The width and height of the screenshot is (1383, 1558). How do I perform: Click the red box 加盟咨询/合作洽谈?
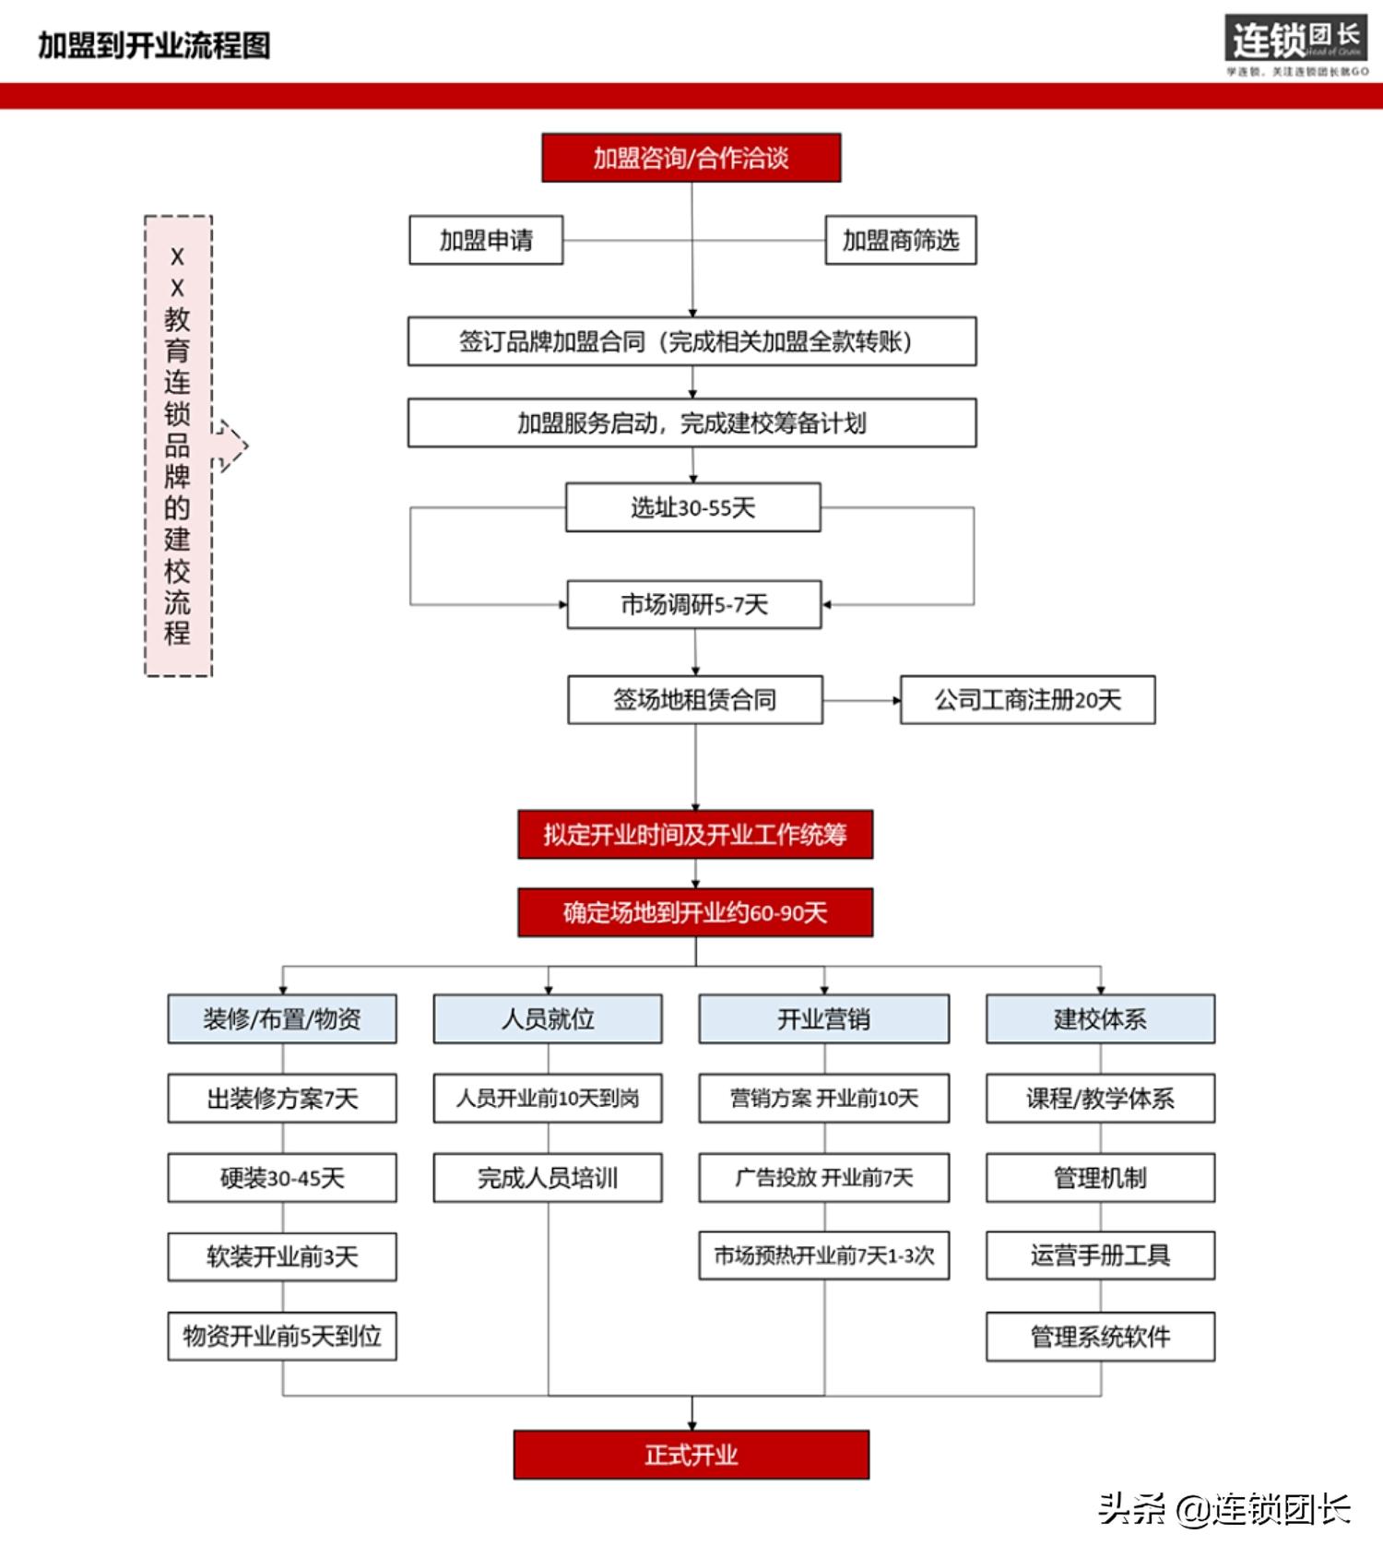(691, 158)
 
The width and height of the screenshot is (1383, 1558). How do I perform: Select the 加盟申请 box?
(486, 241)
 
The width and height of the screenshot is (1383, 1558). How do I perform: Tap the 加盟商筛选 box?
(900, 241)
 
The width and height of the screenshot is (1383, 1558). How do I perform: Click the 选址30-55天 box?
(692, 507)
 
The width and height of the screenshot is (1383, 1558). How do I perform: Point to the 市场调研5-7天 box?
(693, 605)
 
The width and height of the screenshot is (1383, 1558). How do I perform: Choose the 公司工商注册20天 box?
(1027, 700)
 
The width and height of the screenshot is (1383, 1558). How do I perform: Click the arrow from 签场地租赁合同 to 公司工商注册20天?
(861, 700)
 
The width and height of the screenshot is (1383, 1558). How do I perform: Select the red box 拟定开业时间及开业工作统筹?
(694, 835)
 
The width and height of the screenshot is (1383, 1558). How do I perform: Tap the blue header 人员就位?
(548, 1019)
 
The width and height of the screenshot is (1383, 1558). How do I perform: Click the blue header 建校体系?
(1100, 1019)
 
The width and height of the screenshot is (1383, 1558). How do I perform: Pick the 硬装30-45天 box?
(282, 1178)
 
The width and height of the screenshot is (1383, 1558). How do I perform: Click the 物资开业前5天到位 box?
(282, 1337)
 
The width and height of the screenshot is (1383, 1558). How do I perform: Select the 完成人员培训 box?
(548, 1178)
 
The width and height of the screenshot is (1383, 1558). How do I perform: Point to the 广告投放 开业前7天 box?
(823, 1178)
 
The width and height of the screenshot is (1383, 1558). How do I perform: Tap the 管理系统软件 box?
(1100, 1337)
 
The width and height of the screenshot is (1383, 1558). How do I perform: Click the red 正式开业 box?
(691, 1455)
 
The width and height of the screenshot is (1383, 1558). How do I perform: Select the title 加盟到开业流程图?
(154, 45)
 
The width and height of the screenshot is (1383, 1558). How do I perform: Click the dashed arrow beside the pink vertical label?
(230, 446)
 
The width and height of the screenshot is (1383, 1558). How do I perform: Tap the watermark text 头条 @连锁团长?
(1223, 1509)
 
